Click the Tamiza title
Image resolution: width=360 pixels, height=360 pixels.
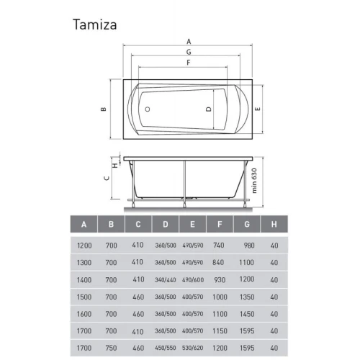tap(95, 24)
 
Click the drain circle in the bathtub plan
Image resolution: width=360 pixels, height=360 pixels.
tap(148, 109)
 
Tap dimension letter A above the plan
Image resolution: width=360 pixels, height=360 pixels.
tap(189, 42)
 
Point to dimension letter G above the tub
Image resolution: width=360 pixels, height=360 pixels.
tap(189, 52)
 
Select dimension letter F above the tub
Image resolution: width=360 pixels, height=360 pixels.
tap(189, 63)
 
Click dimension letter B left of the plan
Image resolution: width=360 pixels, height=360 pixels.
tap(104, 109)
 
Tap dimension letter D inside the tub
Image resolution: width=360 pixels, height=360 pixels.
tap(209, 109)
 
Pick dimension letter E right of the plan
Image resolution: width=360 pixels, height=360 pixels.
tap(257, 109)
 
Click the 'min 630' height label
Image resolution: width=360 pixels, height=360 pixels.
tap(254, 181)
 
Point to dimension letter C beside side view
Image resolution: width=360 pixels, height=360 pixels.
tap(107, 179)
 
